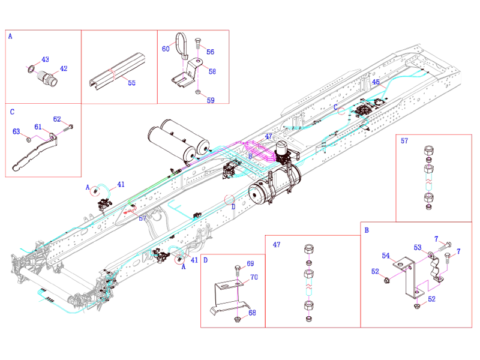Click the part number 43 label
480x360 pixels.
pyautogui.click(x=45, y=59)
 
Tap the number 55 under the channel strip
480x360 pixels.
pyautogui.click(x=131, y=83)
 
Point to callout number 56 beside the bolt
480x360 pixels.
pyautogui.click(x=210, y=52)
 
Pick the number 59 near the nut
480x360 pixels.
pyautogui.click(x=210, y=100)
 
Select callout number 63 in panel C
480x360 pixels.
pyautogui.click(x=16, y=131)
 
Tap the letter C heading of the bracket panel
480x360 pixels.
pyautogui.click(x=11, y=112)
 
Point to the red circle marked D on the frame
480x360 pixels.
pyautogui.click(x=229, y=200)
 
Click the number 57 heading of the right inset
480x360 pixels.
pyautogui.click(x=404, y=141)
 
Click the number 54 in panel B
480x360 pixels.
pyautogui.click(x=386, y=256)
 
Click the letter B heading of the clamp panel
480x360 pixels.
pyautogui.click(x=366, y=229)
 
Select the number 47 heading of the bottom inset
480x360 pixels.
pyautogui.click(x=276, y=244)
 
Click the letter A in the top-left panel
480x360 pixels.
pyautogui.click(x=11, y=36)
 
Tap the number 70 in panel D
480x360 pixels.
pyautogui.click(x=254, y=277)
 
